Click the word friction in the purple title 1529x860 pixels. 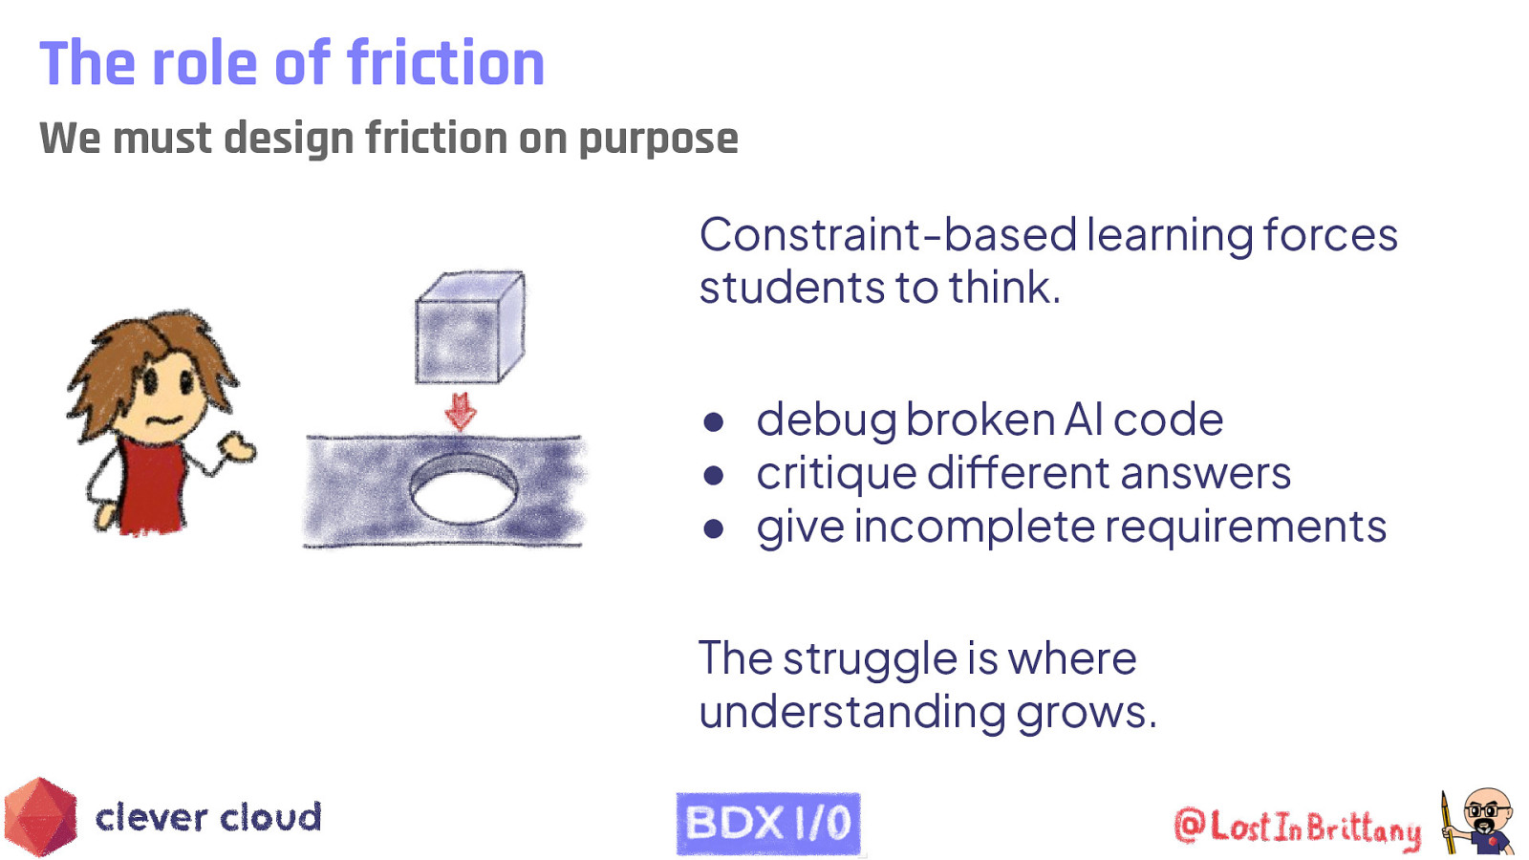click(x=445, y=64)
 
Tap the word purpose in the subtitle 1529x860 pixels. click(x=658, y=139)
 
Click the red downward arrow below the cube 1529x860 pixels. click(x=461, y=412)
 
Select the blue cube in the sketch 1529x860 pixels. click(x=468, y=328)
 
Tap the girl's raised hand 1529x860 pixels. click(x=236, y=446)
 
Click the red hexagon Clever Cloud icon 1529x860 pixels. click(x=40, y=817)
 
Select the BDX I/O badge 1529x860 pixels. click(x=768, y=823)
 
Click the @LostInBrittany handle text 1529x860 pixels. click(x=1298, y=828)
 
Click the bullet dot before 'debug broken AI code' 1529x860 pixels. click(x=713, y=421)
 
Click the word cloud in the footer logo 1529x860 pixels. click(x=271, y=818)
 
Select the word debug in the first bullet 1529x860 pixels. click(x=824, y=421)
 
